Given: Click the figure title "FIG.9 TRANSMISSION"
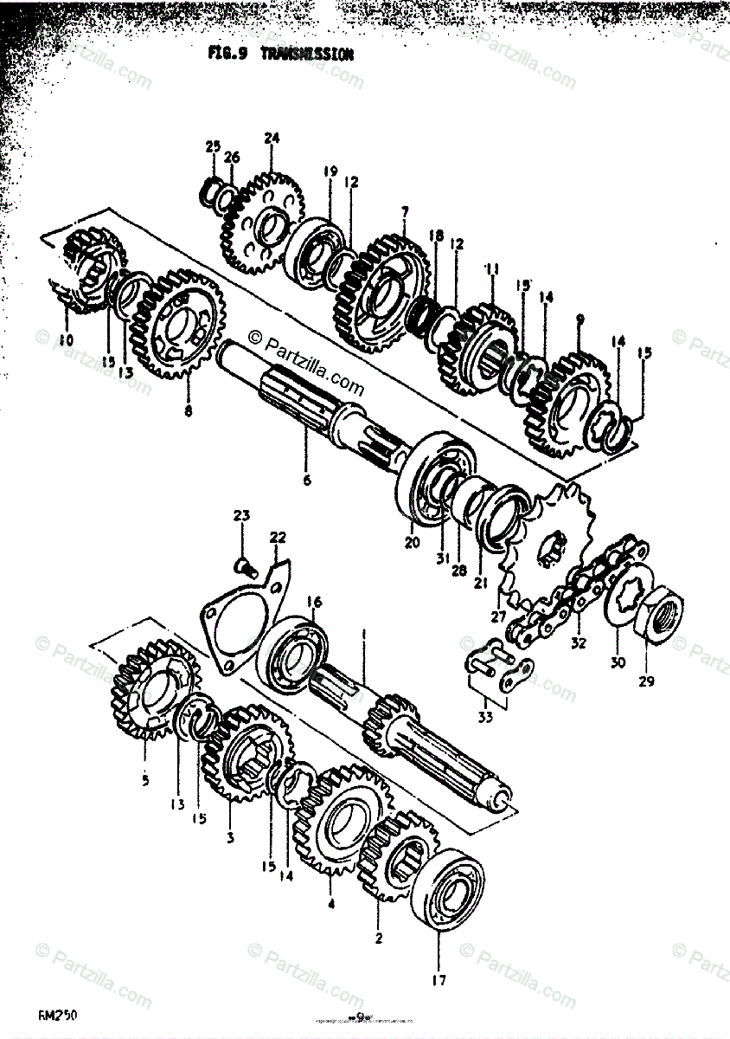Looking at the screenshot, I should (x=280, y=54).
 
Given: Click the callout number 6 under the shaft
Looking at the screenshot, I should (x=306, y=479).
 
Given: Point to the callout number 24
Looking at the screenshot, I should (x=272, y=138).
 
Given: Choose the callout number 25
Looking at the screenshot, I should (x=213, y=147).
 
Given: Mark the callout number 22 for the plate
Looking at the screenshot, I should (x=277, y=537).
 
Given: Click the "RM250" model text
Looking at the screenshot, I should (x=57, y=1013).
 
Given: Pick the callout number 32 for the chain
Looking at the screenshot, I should (x=579, y=643).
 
